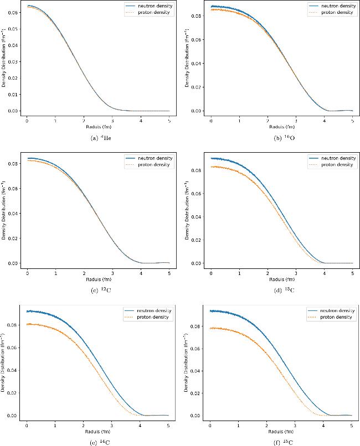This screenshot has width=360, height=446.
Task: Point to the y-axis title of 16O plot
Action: coord(186,58)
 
